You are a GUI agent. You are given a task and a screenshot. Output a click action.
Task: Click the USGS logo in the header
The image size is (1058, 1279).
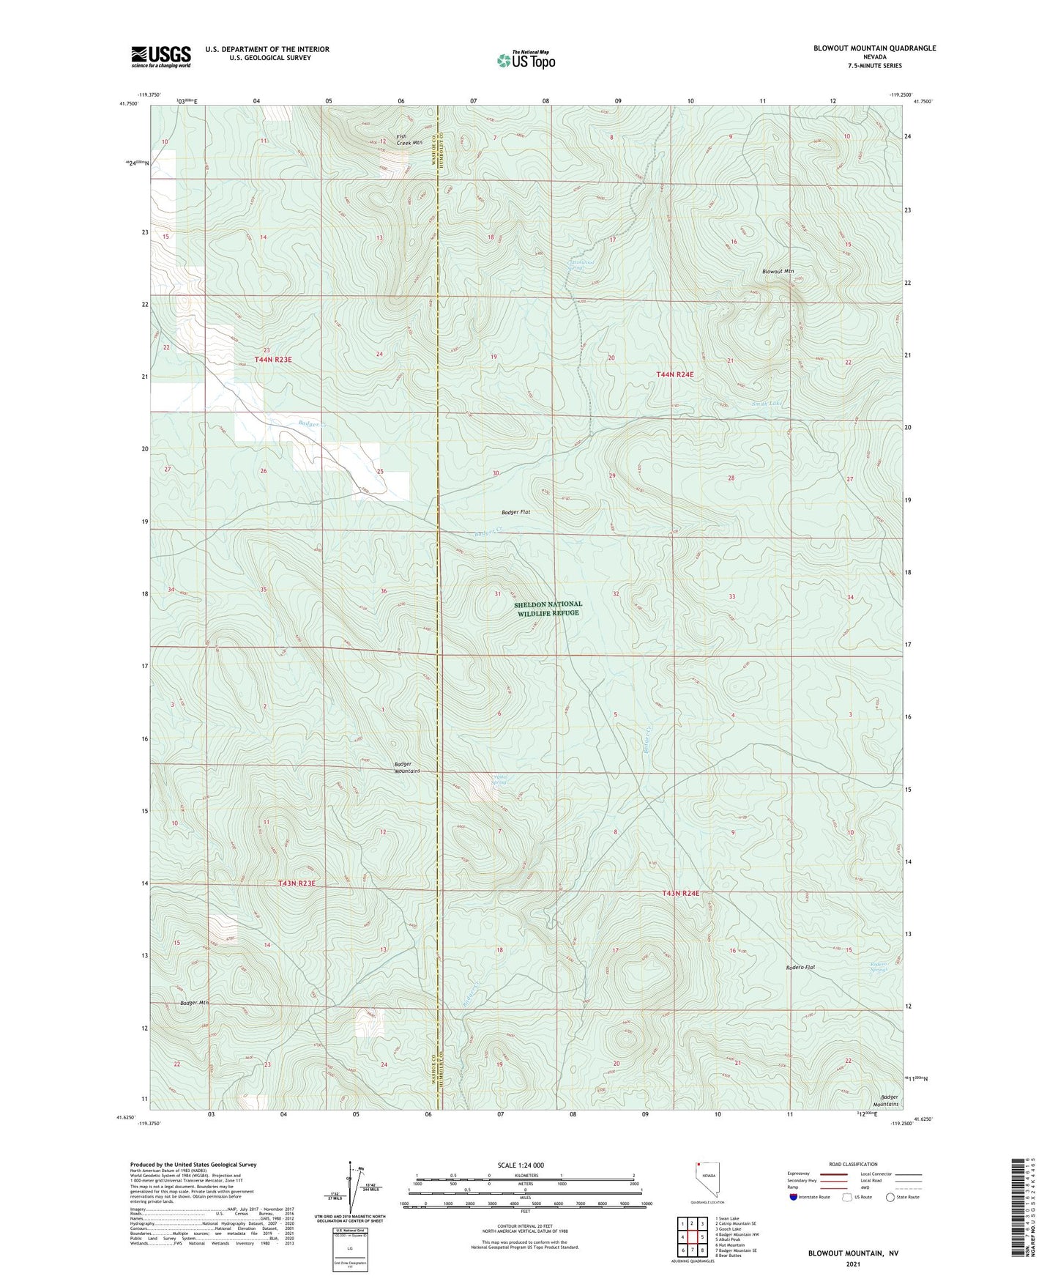pos(161,56)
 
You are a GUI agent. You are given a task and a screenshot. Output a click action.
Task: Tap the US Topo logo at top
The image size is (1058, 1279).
pos(526,60)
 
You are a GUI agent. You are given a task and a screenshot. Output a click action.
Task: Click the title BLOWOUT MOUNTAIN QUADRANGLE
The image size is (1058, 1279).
pos(874,48)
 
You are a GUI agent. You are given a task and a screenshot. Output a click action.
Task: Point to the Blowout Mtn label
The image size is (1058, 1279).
pos(778,271)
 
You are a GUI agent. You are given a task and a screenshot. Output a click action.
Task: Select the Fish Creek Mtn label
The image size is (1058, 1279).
pos(409,139)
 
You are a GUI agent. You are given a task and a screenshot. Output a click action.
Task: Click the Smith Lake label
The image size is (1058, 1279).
pos(767,404)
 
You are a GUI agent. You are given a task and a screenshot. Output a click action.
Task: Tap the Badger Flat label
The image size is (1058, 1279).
pos(515,513)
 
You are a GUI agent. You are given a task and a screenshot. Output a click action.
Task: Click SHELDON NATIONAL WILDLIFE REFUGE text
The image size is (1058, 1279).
pos(548,609)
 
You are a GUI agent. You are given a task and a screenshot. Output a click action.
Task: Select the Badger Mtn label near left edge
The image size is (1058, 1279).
pos(194,1003)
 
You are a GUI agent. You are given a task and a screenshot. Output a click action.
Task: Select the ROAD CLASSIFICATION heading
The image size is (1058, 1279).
pos(853,1164)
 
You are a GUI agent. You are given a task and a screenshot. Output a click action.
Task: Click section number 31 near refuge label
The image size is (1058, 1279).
pos(498,594)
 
